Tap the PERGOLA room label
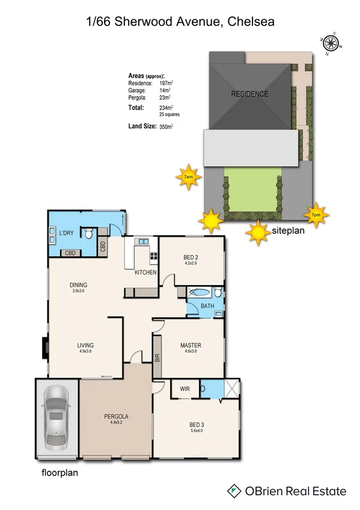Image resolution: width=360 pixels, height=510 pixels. (115, 416)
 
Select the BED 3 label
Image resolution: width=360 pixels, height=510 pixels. (198, 424)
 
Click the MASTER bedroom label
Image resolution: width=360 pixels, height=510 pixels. (191, 345)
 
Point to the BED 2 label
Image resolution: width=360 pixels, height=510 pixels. (191, 258)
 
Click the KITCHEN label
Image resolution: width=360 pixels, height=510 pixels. (145, 272)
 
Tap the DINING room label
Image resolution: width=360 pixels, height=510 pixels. (78, 285)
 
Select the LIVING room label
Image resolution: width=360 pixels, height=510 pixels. (85, 345)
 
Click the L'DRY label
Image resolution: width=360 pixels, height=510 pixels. (66, 233)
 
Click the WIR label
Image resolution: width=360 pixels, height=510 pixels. (185, 389)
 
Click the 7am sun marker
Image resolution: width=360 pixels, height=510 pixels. (188, 177)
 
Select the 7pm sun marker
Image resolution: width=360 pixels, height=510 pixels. (316, 214)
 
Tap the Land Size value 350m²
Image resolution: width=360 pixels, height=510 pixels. (166, 127)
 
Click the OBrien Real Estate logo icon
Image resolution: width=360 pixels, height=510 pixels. (233, 491)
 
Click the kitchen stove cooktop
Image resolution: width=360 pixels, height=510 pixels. (154, 255)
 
